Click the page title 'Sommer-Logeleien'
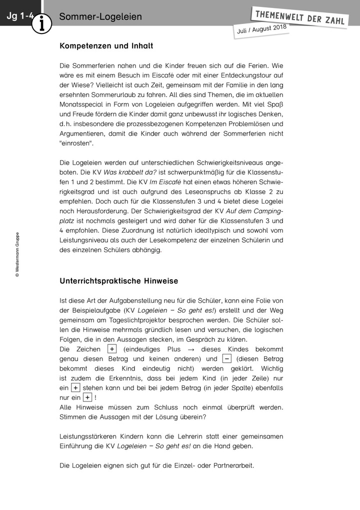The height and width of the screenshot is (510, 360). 100,17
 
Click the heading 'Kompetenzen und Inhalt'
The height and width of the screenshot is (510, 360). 106,46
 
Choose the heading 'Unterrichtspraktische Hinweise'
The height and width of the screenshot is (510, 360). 119,281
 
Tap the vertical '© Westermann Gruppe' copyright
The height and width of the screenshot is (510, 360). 17,254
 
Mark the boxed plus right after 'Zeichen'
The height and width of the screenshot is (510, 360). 111,349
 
